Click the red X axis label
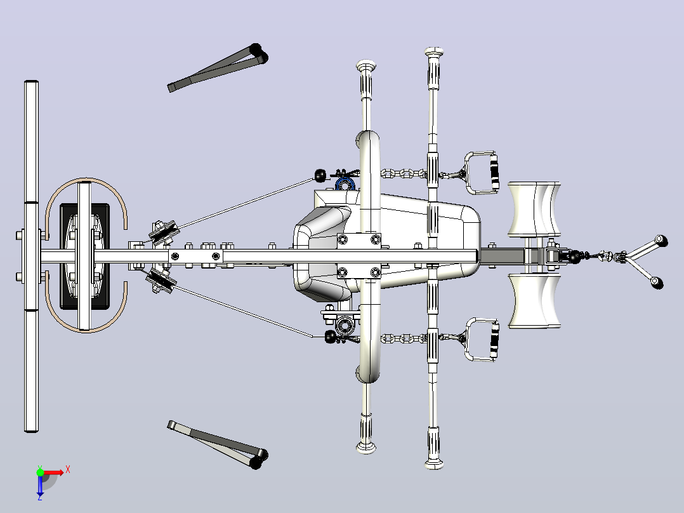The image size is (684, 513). coord(68,470)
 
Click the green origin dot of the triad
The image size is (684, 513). coord(40,472)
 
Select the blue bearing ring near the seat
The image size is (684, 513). coord(345,183)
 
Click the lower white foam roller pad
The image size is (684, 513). coord(534,300)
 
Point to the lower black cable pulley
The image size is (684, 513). coord(162,280)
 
